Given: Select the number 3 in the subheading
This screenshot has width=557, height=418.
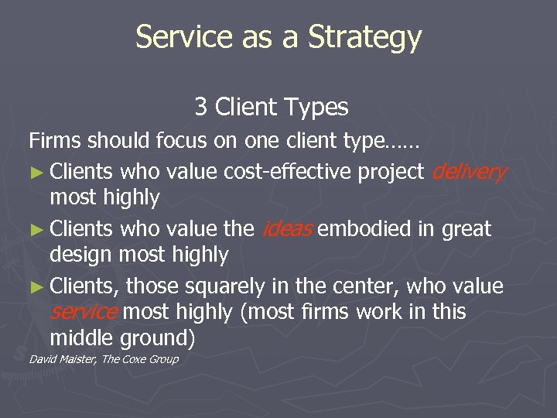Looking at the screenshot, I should tap(201, 106).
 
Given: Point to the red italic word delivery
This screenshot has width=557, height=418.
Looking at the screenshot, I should tap(469, 171).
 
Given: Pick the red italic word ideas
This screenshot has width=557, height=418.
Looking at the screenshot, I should tap(287, 228).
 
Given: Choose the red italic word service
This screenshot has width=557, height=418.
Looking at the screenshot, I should tap(84, 311).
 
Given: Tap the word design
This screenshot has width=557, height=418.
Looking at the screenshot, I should tap(83, 255).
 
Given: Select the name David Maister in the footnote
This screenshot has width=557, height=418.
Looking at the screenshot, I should tap(62, 358).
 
